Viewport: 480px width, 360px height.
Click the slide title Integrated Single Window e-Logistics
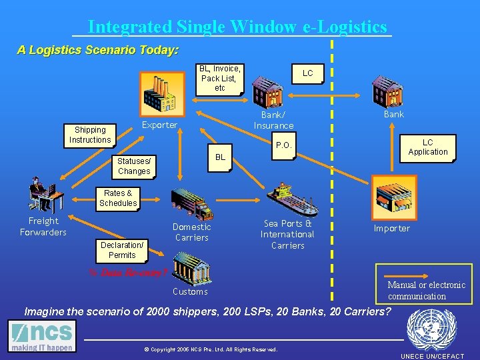(x=237, y=27)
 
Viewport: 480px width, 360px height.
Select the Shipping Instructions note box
(x=89, y=135)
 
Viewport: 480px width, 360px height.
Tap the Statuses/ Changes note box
(x=134, y=166)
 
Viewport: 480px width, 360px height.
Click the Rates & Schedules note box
(x=118, y=198)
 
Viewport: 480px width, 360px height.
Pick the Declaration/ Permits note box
(x=122, y=250)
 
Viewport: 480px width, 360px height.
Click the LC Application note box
(x=427, y=147)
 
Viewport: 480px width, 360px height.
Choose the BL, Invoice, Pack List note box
(x=220, y=79)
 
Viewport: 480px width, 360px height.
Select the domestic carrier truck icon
(x=192, y=203)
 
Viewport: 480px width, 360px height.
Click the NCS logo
(x=42, y=337)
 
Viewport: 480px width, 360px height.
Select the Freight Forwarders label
(x=43, y=227)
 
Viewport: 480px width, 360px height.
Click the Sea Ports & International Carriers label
(x=287, y=235)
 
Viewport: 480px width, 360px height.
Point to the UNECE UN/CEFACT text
(x=432, y=356)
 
